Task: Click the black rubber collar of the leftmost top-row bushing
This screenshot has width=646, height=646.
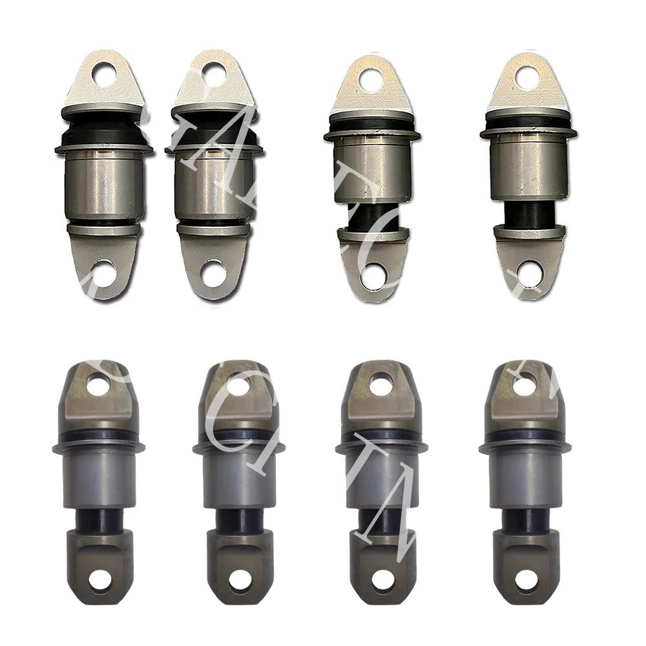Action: [x=103, y=130]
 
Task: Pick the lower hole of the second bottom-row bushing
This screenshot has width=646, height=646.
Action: [x=238, y=579]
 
